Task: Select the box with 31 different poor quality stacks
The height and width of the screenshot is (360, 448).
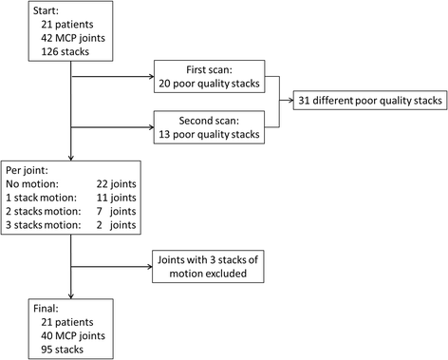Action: point(367,101)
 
